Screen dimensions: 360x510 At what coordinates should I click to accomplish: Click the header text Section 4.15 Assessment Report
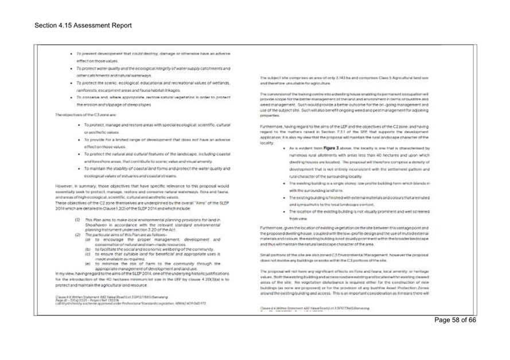point(83,26)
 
